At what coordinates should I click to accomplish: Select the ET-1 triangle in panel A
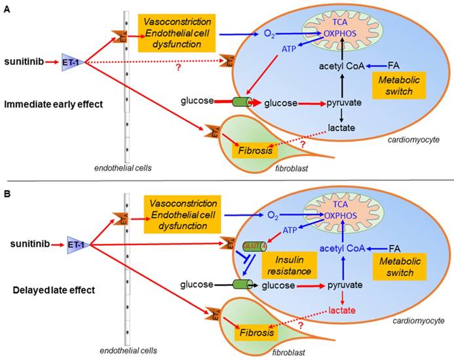click(x=71, y=61)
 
